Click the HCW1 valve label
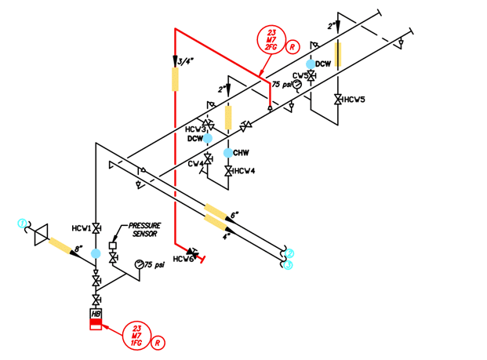79,227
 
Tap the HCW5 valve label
355,100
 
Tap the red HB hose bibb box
96,320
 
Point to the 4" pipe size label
227,235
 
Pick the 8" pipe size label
78,249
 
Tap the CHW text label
242,152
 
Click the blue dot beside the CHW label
228,152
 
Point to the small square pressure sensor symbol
112,245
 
